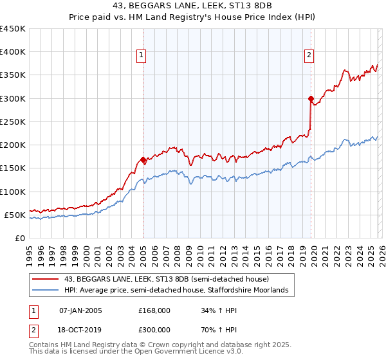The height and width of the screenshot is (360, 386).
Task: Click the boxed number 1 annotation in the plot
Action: tap(140, 56)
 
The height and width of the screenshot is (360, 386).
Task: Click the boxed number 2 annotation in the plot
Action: tap(309, 56)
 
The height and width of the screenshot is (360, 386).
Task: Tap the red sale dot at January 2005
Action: tap(143, 159)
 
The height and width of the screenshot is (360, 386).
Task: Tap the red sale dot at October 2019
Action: tap(311, 99)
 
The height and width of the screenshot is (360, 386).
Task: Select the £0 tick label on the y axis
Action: tap(20, 238)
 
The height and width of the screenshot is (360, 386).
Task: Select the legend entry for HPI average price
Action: tap(179, 291)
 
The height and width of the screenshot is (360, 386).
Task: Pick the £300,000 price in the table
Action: tap(154, 329)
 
